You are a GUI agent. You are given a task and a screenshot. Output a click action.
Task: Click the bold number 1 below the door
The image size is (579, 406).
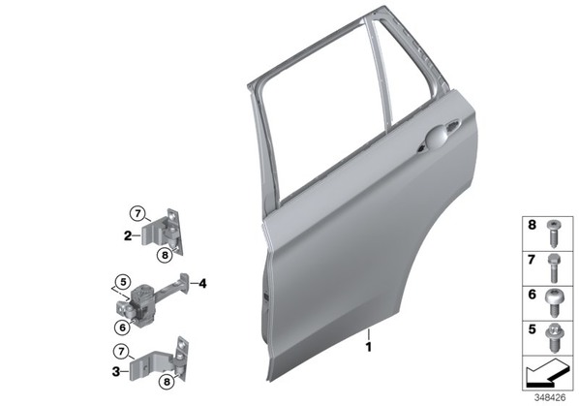[368, 347]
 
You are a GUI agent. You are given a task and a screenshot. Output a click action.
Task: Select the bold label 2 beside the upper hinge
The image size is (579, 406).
[128, 235]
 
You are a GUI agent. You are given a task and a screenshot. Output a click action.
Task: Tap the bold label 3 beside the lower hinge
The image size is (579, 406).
[116, 371]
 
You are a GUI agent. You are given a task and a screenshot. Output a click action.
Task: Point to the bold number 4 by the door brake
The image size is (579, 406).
[202, 284]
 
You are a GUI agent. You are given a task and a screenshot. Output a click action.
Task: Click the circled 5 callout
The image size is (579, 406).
[123, 282]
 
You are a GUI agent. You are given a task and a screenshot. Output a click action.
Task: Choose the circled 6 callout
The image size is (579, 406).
[122, 327]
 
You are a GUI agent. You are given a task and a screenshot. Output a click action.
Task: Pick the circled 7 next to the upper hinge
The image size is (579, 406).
[137, 213]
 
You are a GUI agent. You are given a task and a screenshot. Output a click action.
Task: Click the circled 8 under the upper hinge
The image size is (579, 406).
[165, 255]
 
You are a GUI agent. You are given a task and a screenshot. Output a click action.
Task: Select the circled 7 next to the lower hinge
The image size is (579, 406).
[121, 352]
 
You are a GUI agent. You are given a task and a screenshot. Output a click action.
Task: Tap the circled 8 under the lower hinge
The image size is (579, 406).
[167, 382]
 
